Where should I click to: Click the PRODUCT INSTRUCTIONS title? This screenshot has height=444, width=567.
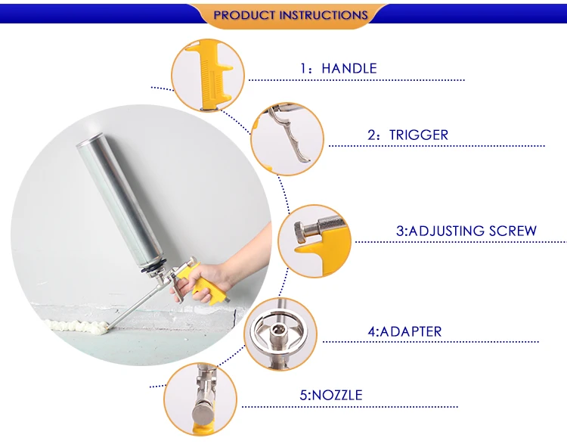point(290,15)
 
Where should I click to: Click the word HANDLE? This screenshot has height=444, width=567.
point(349,68)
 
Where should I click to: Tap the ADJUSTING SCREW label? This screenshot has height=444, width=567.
point(466,231)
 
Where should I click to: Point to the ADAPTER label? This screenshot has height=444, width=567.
point(404,331)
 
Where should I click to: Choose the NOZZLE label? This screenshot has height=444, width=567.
point(331,395)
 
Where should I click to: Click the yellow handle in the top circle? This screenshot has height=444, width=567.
point(209,74)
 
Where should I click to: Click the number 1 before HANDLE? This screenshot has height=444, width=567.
point(303,68)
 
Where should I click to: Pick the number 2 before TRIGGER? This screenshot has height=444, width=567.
point(372,135)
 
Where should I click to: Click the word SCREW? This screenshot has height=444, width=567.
point(513,231)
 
